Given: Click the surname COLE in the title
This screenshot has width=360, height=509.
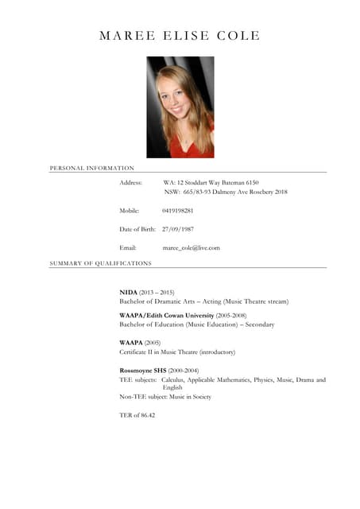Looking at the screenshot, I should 237,36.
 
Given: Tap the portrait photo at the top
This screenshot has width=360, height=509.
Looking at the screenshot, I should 180,107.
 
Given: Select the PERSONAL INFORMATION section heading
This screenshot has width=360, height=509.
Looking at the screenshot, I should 91,168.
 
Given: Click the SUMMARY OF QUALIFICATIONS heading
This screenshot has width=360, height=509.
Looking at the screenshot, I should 100,262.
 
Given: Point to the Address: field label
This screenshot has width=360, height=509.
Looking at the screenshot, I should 130,183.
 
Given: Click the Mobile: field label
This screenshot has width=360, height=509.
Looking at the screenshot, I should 129,211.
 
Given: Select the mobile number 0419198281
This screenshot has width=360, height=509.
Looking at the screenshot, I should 178,211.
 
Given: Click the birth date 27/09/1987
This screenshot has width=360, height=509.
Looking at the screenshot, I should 178,229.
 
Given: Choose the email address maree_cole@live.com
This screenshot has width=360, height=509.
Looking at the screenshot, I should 191,248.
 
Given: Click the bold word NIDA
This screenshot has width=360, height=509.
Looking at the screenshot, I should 128,293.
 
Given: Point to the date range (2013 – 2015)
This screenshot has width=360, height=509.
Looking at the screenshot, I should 157,293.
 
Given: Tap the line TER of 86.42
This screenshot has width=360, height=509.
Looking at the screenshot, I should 137,415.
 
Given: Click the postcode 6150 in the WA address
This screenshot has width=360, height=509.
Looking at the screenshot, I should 252,183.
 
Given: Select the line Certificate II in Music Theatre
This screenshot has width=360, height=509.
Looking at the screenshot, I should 177,352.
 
